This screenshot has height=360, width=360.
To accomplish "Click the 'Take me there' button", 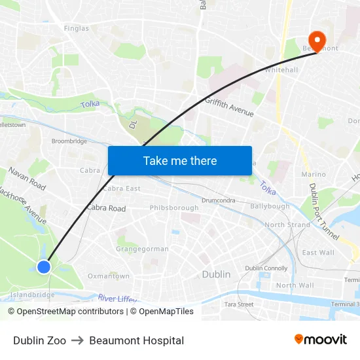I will [x=180, y=160].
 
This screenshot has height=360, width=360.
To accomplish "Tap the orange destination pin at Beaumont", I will [x=317, y=41].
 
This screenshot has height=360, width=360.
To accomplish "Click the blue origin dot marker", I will [x=44, y=266].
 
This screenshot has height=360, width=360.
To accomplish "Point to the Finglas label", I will [x=76, y=29].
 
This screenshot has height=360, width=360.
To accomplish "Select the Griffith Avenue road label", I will [x=229, y=107].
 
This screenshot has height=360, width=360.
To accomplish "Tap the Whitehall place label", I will [x=281, y=70].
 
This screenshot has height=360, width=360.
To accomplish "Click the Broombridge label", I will [x=69, y=141].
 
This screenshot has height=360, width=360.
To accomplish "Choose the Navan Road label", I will [x=27, y=179].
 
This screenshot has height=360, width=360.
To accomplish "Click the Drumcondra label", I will [x=219, y=200].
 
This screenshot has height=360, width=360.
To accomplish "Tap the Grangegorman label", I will [x=142, y=249].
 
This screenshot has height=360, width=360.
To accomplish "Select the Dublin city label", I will [x=216, y=274].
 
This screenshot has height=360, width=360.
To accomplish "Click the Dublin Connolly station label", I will [x=266, y=268].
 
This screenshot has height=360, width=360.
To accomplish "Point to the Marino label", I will [x=314, y=174].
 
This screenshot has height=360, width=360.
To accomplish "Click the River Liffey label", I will [x=118, y=298].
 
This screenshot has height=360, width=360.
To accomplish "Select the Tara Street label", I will [x=239, y=304].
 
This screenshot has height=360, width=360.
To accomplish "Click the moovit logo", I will [x=320, y=339].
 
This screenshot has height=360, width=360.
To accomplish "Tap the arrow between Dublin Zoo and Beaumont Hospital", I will [x=77, y=340].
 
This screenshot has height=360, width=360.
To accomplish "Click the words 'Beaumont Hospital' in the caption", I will [x=136, y=340].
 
